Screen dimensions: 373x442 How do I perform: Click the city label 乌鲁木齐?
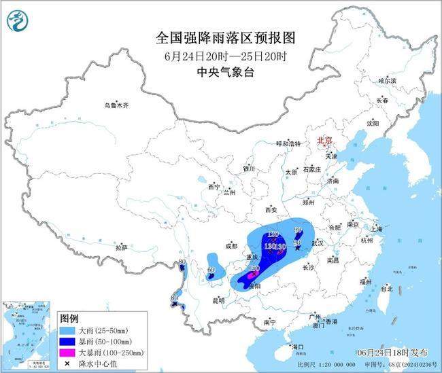116,105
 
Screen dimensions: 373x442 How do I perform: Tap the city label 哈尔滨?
387,80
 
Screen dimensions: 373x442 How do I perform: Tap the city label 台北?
386,289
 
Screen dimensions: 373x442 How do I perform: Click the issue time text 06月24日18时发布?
392,352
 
